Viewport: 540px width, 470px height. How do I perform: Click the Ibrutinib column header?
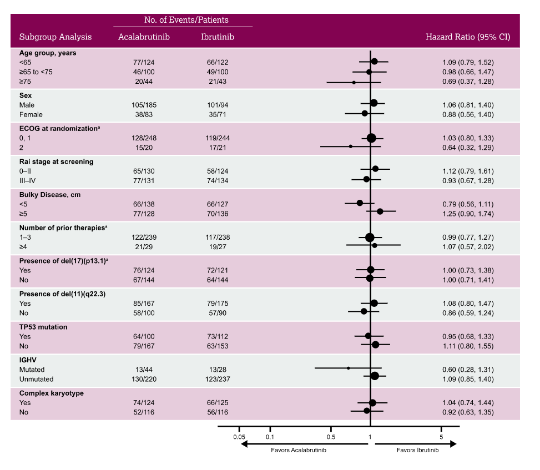point(218,37)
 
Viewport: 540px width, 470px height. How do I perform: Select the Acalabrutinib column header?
point(144,37)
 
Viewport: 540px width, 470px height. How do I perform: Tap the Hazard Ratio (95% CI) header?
point(468,37)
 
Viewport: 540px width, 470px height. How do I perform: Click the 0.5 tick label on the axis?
point(331,437)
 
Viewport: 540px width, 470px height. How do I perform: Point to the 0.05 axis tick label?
point(239,437)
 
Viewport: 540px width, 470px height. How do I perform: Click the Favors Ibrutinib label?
point(417,450)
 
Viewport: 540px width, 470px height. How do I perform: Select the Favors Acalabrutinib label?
point(299,450)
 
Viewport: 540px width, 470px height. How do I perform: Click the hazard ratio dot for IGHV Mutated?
point(348,368)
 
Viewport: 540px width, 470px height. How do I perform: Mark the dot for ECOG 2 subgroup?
point(351,146)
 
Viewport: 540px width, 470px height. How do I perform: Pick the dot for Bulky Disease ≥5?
point(380,211)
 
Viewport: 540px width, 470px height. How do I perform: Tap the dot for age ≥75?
point(354,83)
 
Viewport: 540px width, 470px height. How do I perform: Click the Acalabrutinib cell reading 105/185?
point(144,105)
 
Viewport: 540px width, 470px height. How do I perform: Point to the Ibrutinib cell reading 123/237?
point(218,379)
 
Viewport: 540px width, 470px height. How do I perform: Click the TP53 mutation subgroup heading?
point(43,327)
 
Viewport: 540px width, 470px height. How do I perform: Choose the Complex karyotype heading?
point(51,393)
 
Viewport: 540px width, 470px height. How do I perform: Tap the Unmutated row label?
point(36,379)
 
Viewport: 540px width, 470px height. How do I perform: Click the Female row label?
point(31,115)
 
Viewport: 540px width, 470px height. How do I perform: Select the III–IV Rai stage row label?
point(28,181)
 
